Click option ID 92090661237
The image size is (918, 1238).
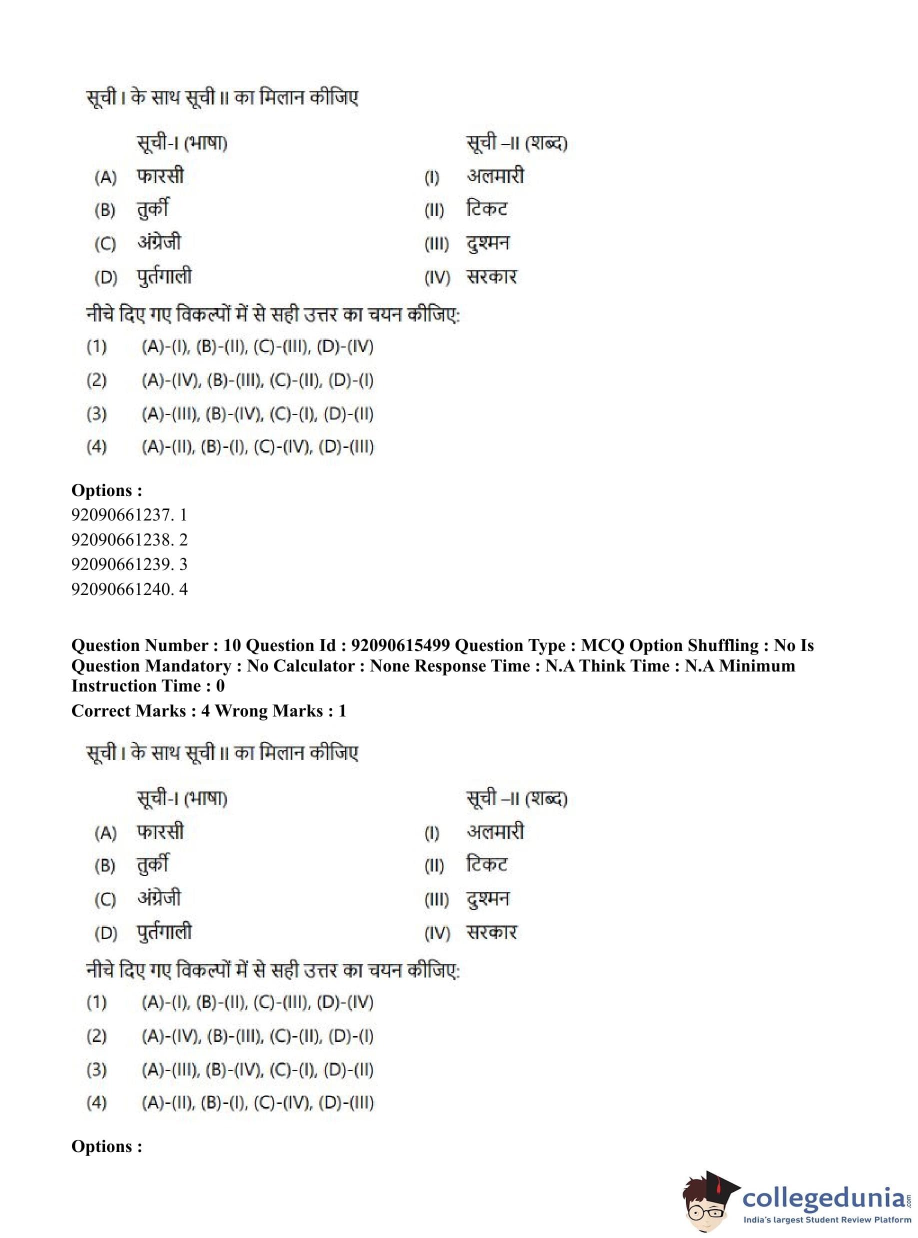pyautogui.click(x=129, y=514)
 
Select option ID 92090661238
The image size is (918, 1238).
pyautogui.click(x=129, y=539)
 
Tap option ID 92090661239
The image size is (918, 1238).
pyautogui.click(x=129, y=564)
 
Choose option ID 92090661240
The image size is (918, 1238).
pyautogui.click(x=129, y=589)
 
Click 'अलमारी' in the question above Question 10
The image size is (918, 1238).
pyautogui.click(x=495, y=176)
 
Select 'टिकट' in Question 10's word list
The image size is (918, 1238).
pyautogui.click(x=487, y=864)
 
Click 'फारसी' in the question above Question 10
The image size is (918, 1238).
pyautogui.click(x=160, y=176)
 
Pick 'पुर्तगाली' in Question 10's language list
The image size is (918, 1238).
pyautogui.click(x=164, y=932)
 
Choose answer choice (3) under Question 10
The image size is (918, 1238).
pyautogui.click(x=257, y=1069)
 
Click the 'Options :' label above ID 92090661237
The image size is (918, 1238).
pyautogui.click(x=106, y=490)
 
